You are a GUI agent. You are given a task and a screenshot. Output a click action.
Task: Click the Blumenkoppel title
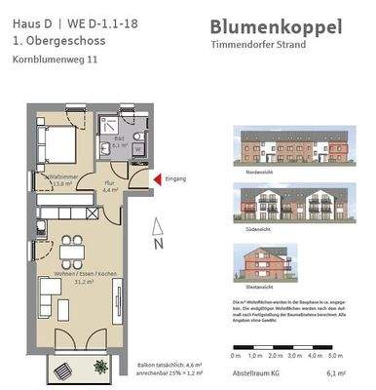pos(276,27)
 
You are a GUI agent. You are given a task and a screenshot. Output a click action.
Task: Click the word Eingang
pos(175,178)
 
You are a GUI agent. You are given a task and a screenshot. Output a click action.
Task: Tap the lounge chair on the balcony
pos(60,370)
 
